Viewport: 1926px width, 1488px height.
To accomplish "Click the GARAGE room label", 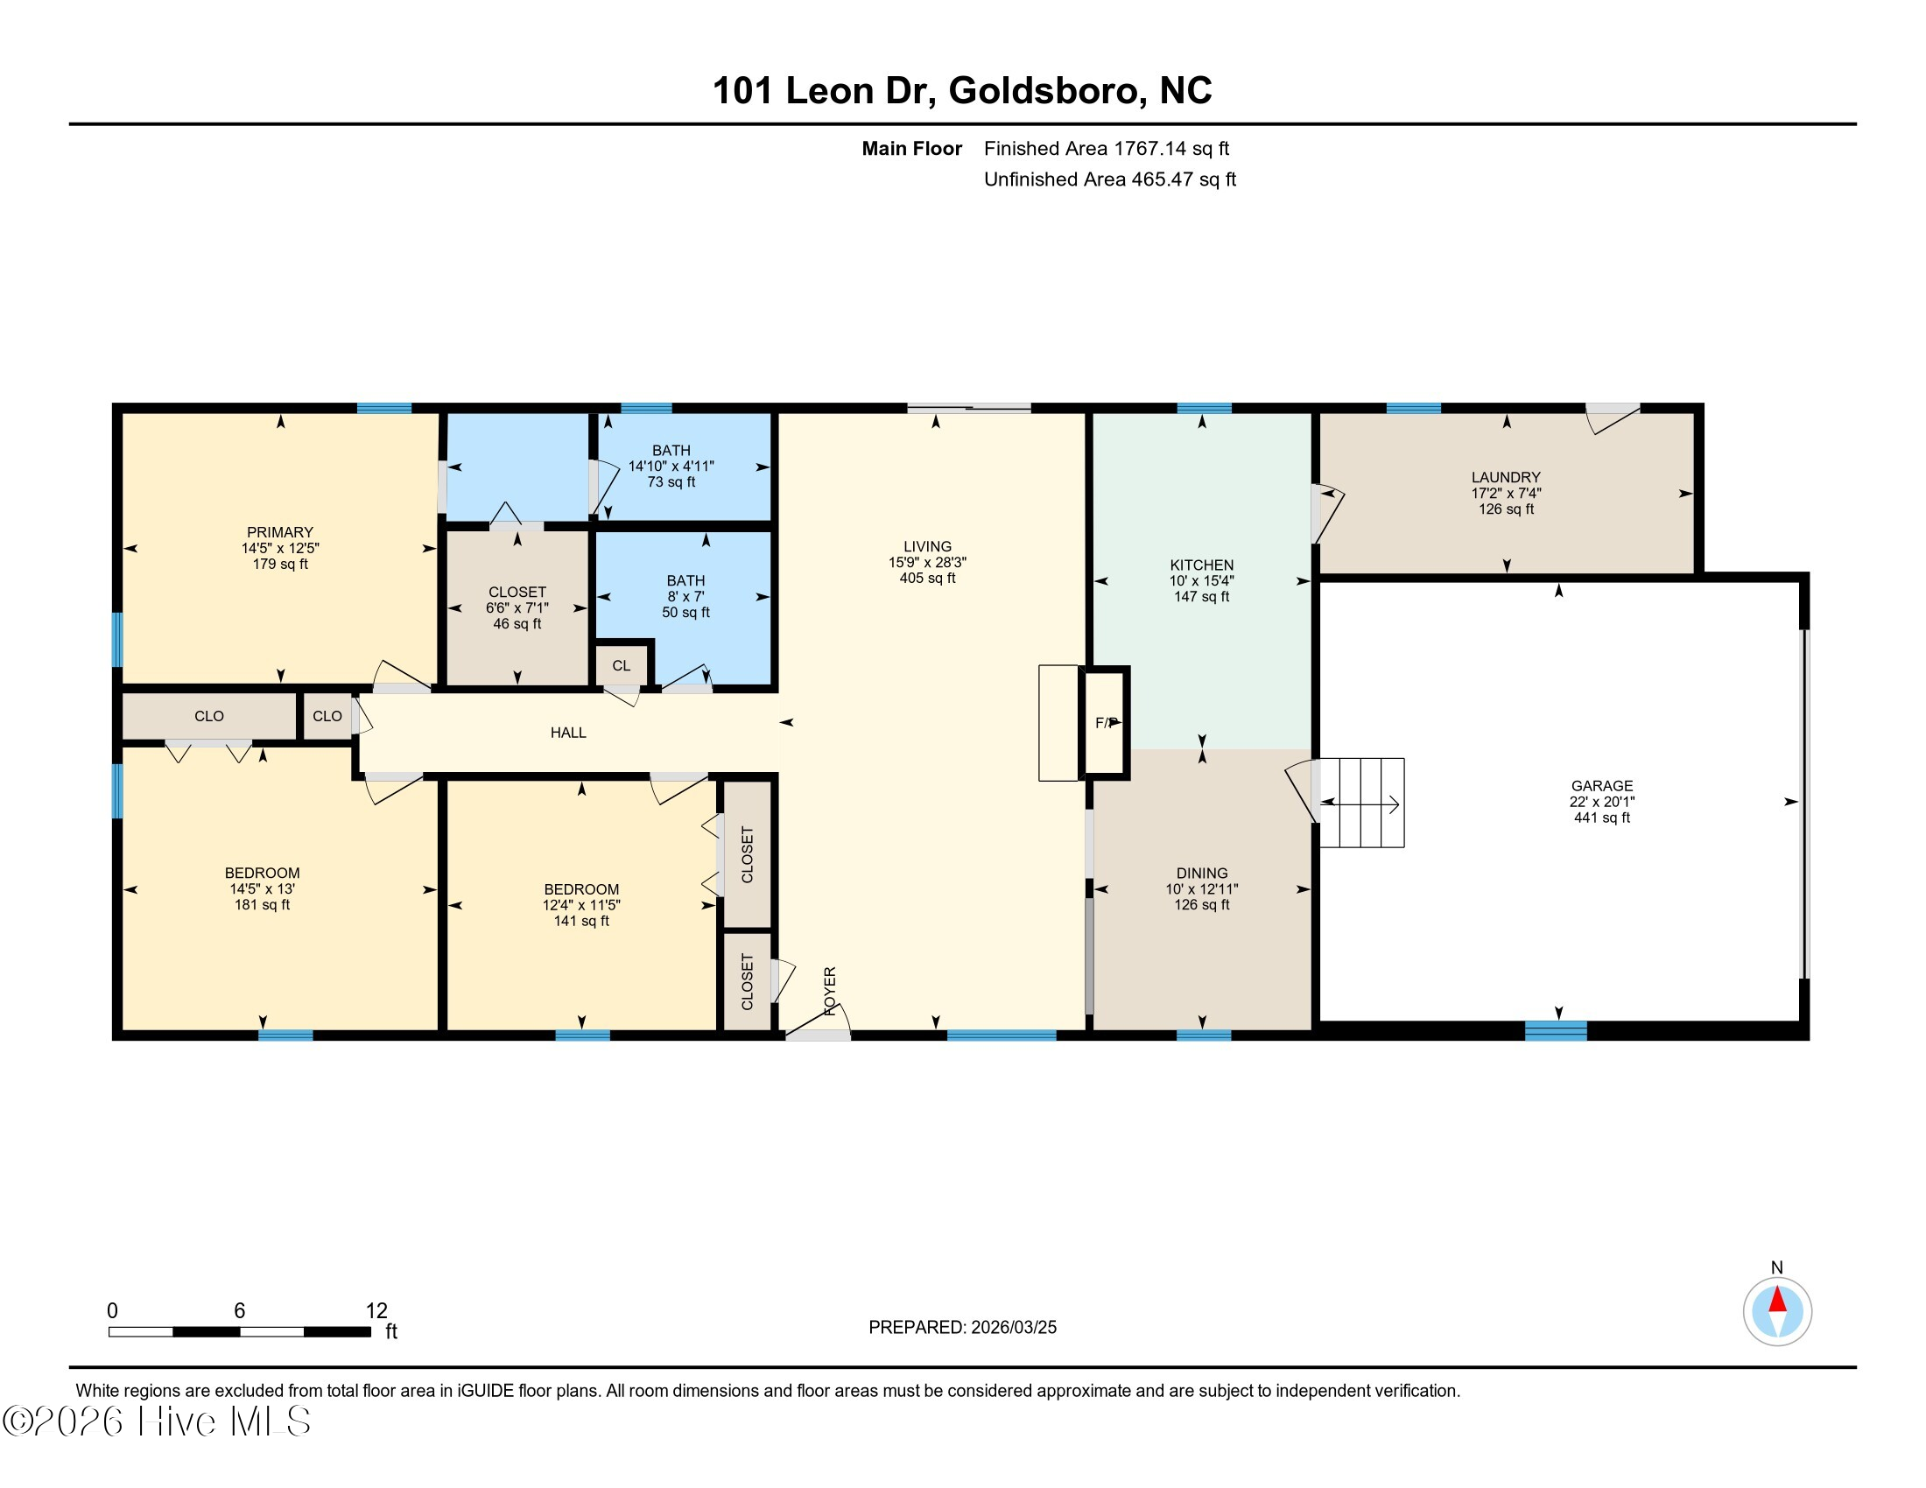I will coord(1601,785).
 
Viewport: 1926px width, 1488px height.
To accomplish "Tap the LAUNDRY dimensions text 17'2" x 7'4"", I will coord(1506,494).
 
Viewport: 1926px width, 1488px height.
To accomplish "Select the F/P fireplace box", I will coord(1106,723).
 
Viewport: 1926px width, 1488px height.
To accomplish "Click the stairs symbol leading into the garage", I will coord(1360,803).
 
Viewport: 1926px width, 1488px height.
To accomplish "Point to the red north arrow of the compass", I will coord(1777,1300).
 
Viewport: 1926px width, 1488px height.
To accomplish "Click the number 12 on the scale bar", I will coord(376,1311).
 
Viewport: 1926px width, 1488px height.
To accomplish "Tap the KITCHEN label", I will coord(1201,565).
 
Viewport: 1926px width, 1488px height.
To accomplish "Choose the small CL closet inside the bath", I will coord(622,665).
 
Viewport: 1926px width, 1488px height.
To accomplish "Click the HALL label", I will coord(568,733).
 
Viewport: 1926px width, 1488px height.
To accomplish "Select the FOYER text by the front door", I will coord(830,991).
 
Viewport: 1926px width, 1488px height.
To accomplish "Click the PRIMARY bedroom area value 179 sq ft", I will coord(280,565).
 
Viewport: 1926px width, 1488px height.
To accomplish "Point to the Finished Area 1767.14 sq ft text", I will coord(1106,148).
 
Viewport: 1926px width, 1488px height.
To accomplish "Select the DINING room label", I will coord(1201,873).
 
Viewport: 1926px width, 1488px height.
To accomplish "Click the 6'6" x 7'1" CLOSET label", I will coord(517,593).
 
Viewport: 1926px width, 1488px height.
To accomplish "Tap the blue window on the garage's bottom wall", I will coord(1556,1029).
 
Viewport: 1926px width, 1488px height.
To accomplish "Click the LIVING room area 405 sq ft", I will coord(927,579).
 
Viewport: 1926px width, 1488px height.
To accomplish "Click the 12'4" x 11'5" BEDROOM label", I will coord(581,889).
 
